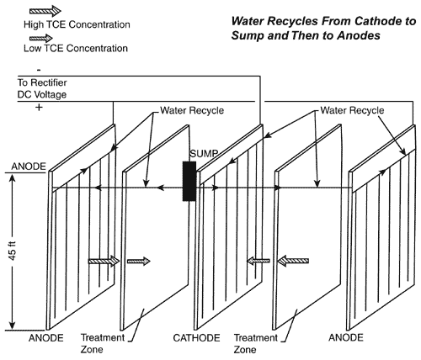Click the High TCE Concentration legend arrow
click(31, 11)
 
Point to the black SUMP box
click(190, 180)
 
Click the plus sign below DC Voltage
click(14, 109)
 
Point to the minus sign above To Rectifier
click(13, 70)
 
